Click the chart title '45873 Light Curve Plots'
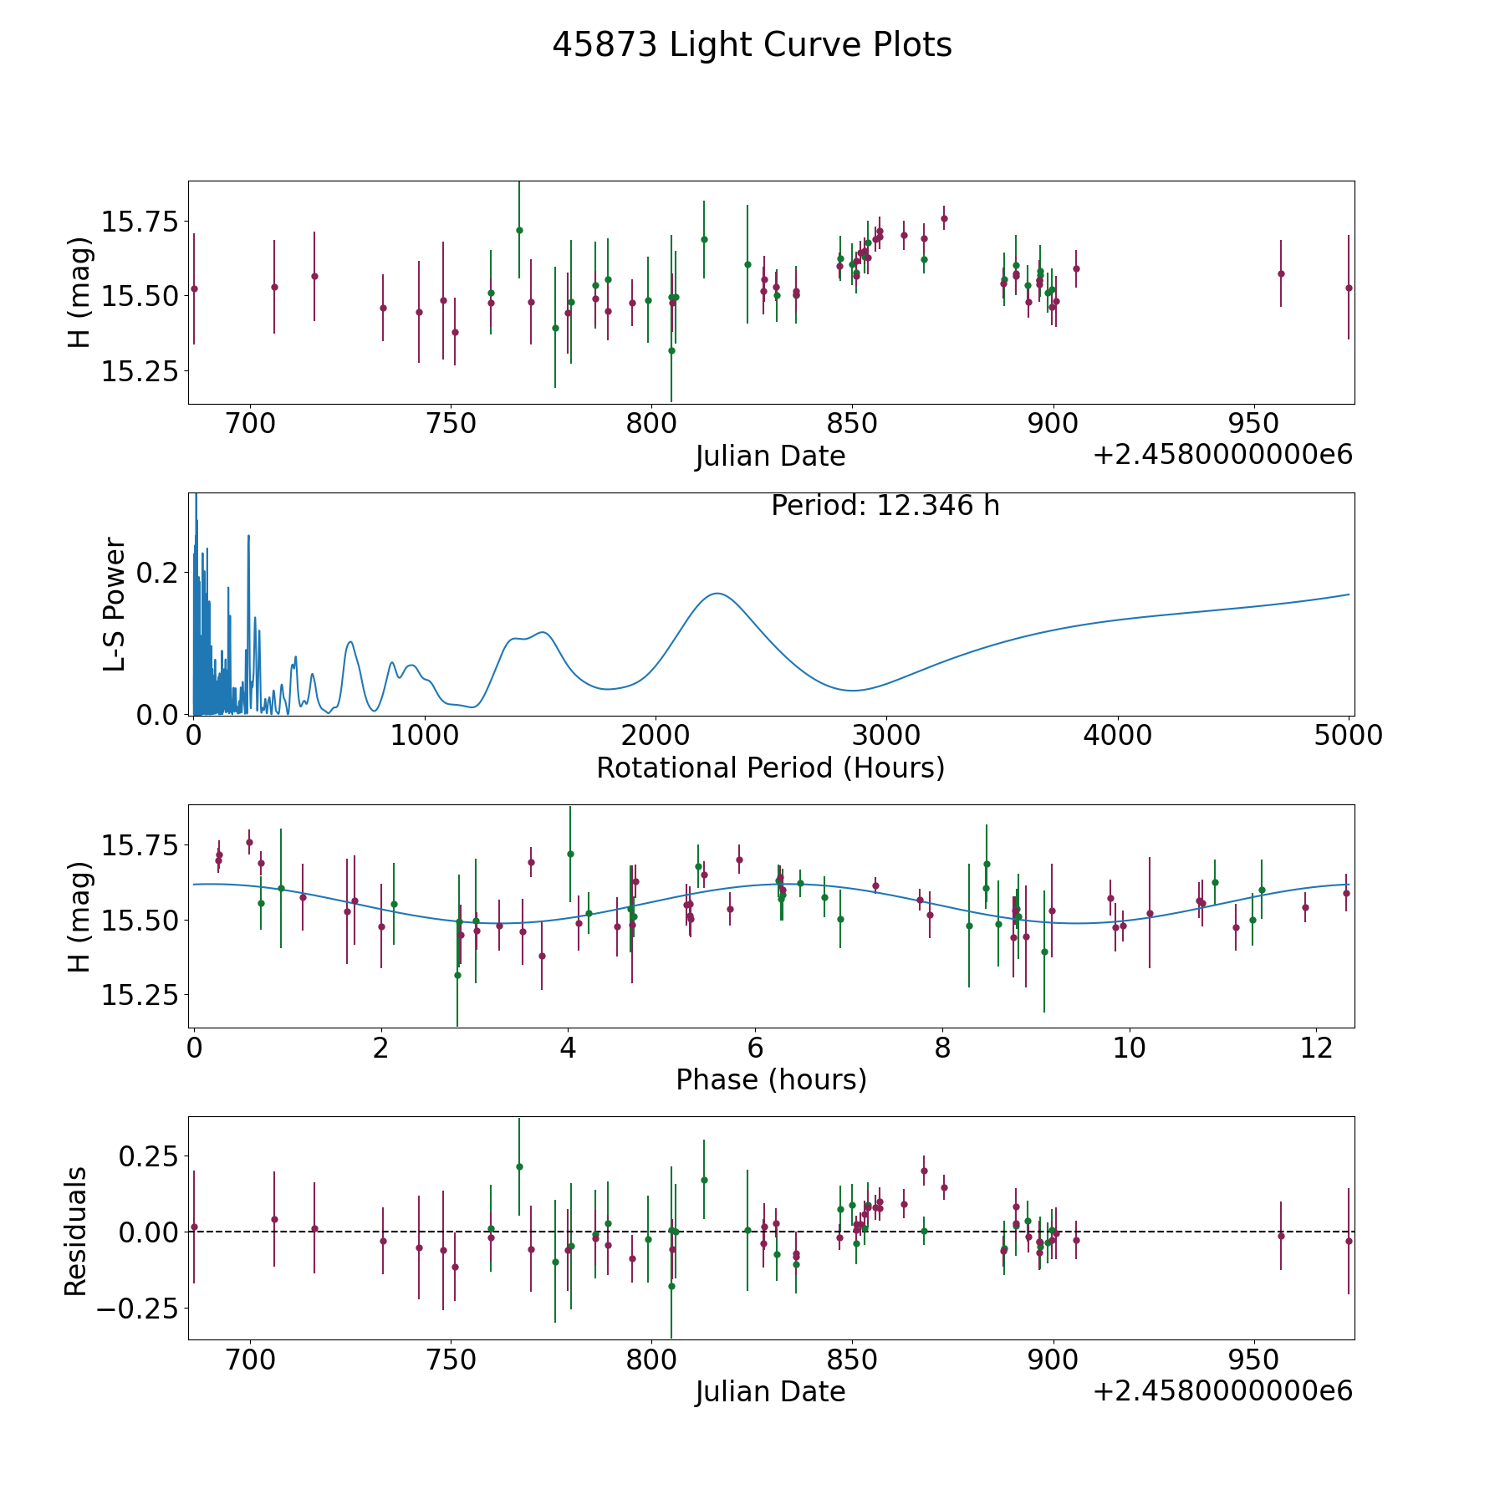pos(752,45)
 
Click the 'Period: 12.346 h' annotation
pos(885,506)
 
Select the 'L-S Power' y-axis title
pos(115,605)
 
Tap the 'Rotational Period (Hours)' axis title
pos(770,768)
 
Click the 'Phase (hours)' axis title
pos(770,1079)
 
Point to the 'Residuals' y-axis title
pos(76,1232)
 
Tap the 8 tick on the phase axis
pos(942,1048)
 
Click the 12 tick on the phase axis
pos(1317,1048)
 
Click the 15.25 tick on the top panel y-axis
pos(140,370)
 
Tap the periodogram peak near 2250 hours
pos(717,594)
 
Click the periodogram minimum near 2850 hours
pos(852,691)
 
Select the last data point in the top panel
pos(1348,288)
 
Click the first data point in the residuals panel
pos(194,1227)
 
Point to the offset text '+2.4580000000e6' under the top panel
pos(1222,455)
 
